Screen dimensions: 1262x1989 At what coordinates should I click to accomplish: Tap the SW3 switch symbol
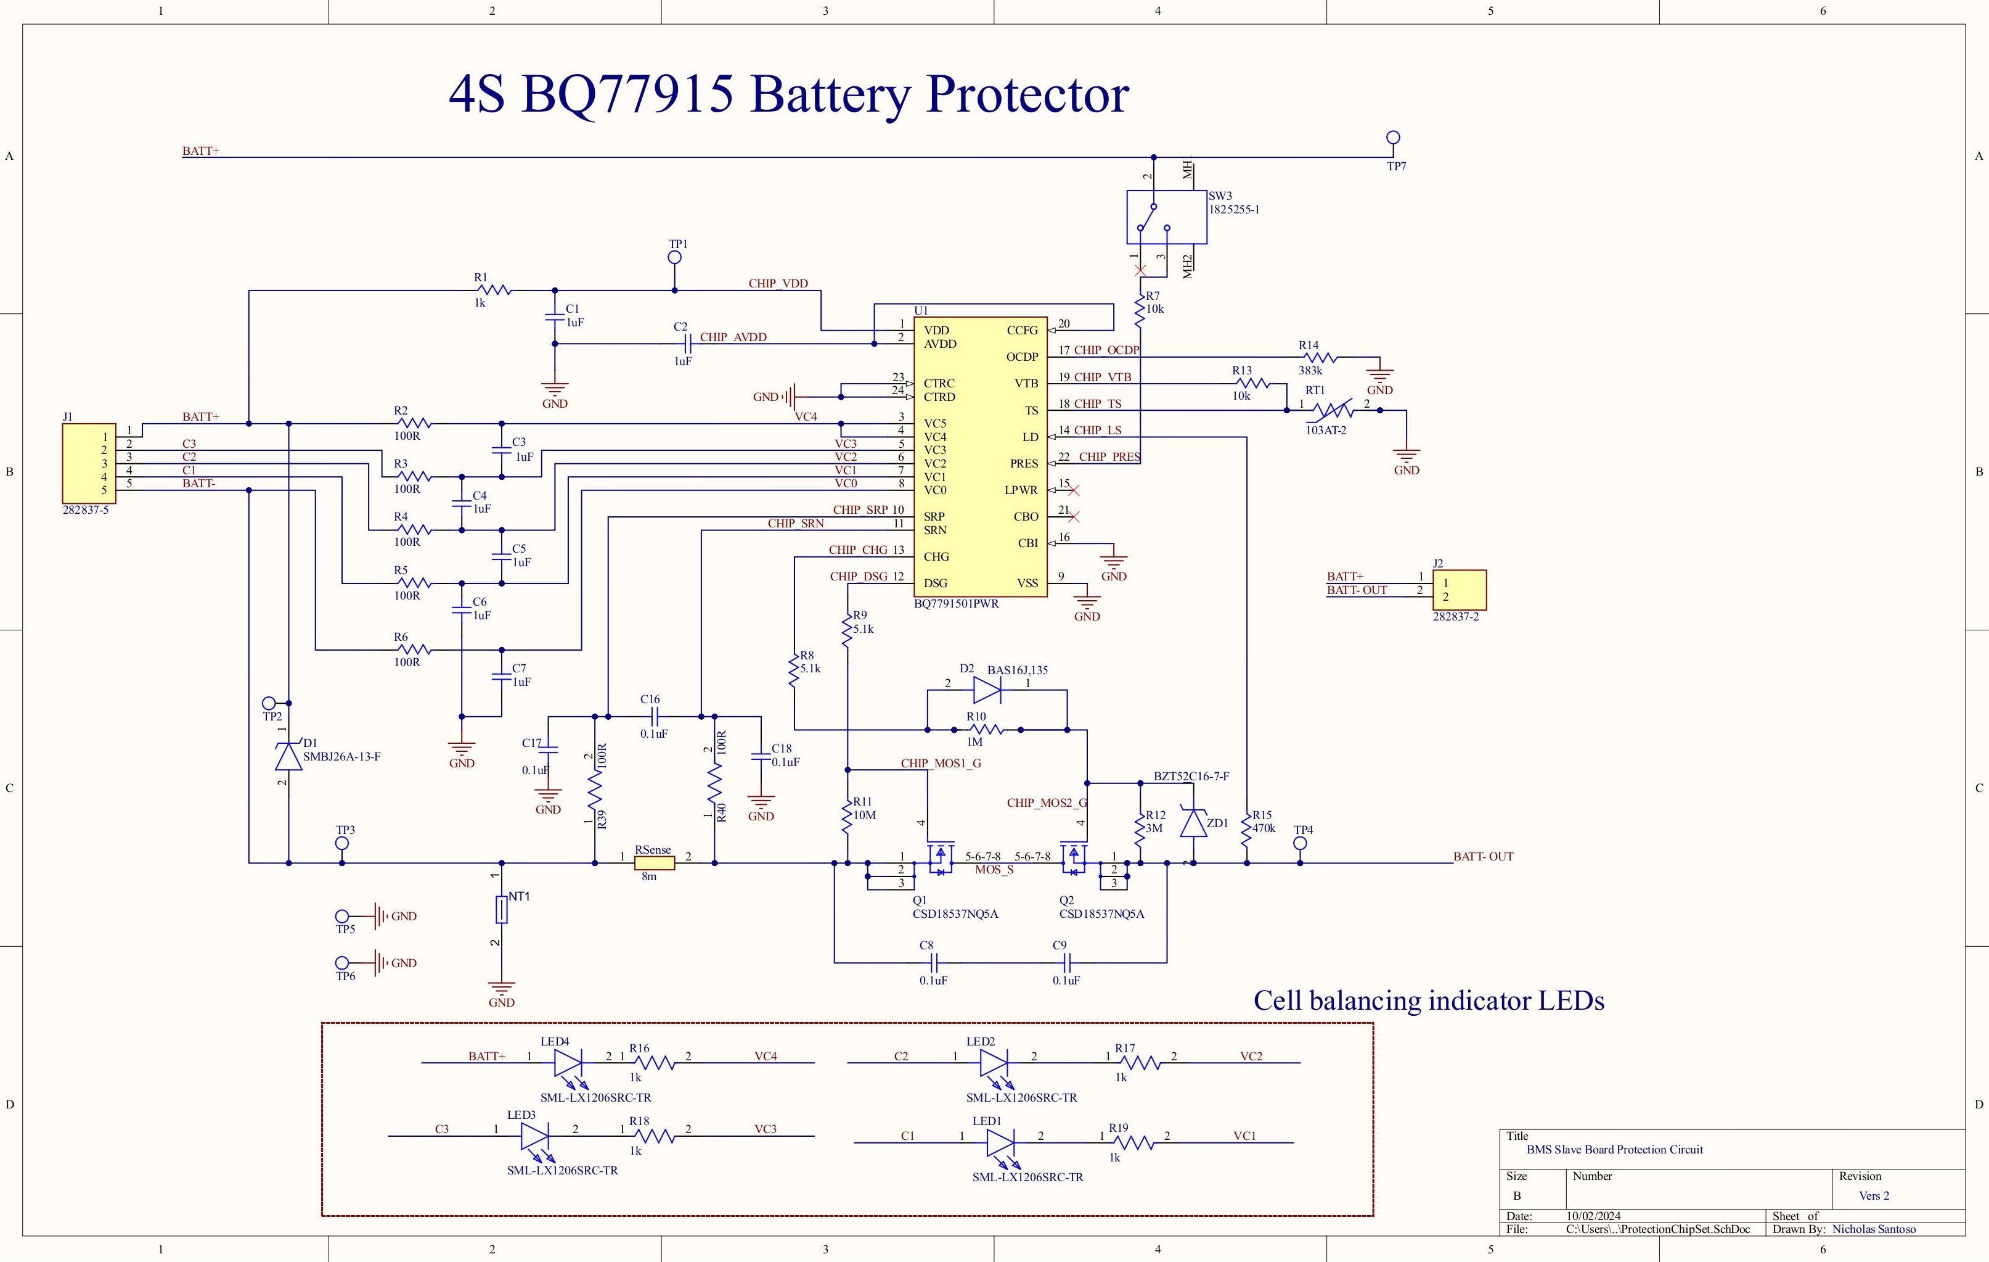[1166, 217]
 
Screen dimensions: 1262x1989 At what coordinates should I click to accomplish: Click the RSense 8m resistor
[654, 863]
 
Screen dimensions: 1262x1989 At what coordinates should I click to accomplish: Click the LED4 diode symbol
[568, 1063]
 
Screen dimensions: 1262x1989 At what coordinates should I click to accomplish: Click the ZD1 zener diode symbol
[1193, 822]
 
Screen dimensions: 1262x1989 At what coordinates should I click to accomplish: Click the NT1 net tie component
[501, 909]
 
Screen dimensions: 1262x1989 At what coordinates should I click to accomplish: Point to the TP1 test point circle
[675, 258]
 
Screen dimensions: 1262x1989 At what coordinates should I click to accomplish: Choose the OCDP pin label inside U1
[1022, 357]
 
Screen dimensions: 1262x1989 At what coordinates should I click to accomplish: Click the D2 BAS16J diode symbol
[987, 689]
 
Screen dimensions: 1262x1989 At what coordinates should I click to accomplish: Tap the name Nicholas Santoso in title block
[1873, 1229]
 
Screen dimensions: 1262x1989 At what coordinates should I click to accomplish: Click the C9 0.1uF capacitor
[1066, 962]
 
